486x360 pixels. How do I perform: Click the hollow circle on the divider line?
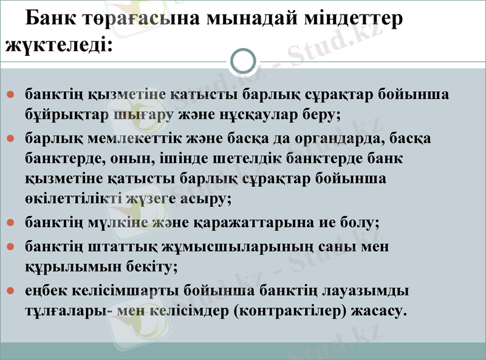[x=244, y=61]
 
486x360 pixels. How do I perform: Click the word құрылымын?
[x=67, y=267]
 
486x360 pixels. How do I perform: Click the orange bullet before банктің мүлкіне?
[x=11, y=223]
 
